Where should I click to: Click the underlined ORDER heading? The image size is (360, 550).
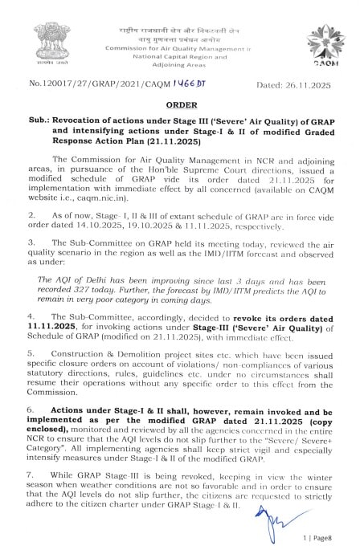tap(179, 105)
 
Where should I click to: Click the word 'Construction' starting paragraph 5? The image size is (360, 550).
tap(80, 374)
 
